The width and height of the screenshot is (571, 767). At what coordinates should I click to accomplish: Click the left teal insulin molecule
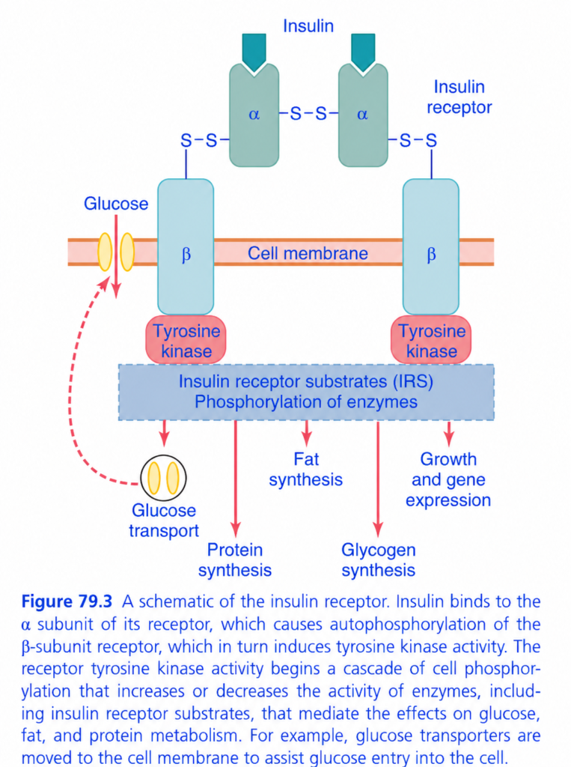pos(254,51)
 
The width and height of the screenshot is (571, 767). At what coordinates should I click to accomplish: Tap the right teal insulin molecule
pos(363,51)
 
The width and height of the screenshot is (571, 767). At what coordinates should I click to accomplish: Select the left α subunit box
pos(254,115)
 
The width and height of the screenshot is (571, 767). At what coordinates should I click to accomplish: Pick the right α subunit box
pos(363,115)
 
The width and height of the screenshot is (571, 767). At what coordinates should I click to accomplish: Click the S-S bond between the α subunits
pos(308,114)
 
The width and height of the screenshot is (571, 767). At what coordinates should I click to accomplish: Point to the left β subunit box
pos(186,246)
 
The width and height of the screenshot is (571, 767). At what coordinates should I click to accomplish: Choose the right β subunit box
pos(431,246)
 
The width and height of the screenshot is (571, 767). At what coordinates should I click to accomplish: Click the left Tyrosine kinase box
pos(186,341)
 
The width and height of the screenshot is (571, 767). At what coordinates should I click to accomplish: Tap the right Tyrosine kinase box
pos(431,341)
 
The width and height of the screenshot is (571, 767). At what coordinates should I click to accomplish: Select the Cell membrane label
pos(308,253)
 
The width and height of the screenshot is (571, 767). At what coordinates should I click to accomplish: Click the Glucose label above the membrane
pos(116,204)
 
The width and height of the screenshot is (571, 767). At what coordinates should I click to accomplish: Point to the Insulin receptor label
pos(459,97)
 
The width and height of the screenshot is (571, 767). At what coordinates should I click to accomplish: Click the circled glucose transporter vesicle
pos(163,478)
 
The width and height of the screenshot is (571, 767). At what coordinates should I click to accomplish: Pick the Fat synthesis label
pos(305,469)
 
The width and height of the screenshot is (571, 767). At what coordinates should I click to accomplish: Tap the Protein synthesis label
pos(235,560)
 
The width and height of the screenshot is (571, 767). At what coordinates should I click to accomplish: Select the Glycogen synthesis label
pos(379,560)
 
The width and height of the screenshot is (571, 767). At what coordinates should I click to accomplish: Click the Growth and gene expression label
pos(448,479)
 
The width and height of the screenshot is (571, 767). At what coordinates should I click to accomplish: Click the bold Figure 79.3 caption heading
pos(67,601)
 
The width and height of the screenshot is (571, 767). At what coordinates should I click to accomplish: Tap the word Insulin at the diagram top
pos(308,26)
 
